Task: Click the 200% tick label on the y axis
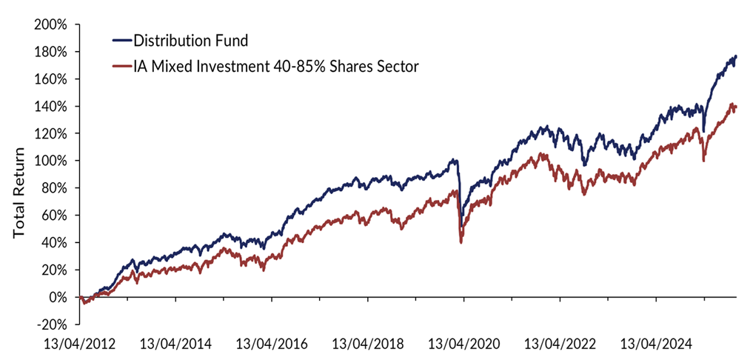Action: [x=51, y=24]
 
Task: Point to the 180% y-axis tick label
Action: [x=51, y=52]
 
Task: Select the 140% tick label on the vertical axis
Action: [x=51, y=106]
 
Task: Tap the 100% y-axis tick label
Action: [x=51, y=161]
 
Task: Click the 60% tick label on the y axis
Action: [x=54, y=216]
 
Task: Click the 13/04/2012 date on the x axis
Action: [x=79, y=344]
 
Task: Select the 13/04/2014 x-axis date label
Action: [x=175, y=344]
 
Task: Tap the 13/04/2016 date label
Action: [x=272, y=344]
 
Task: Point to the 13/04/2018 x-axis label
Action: [x=368, y=344]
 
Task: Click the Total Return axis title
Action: [x=19, y=193]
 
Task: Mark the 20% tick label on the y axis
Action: [x=54, y=270]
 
